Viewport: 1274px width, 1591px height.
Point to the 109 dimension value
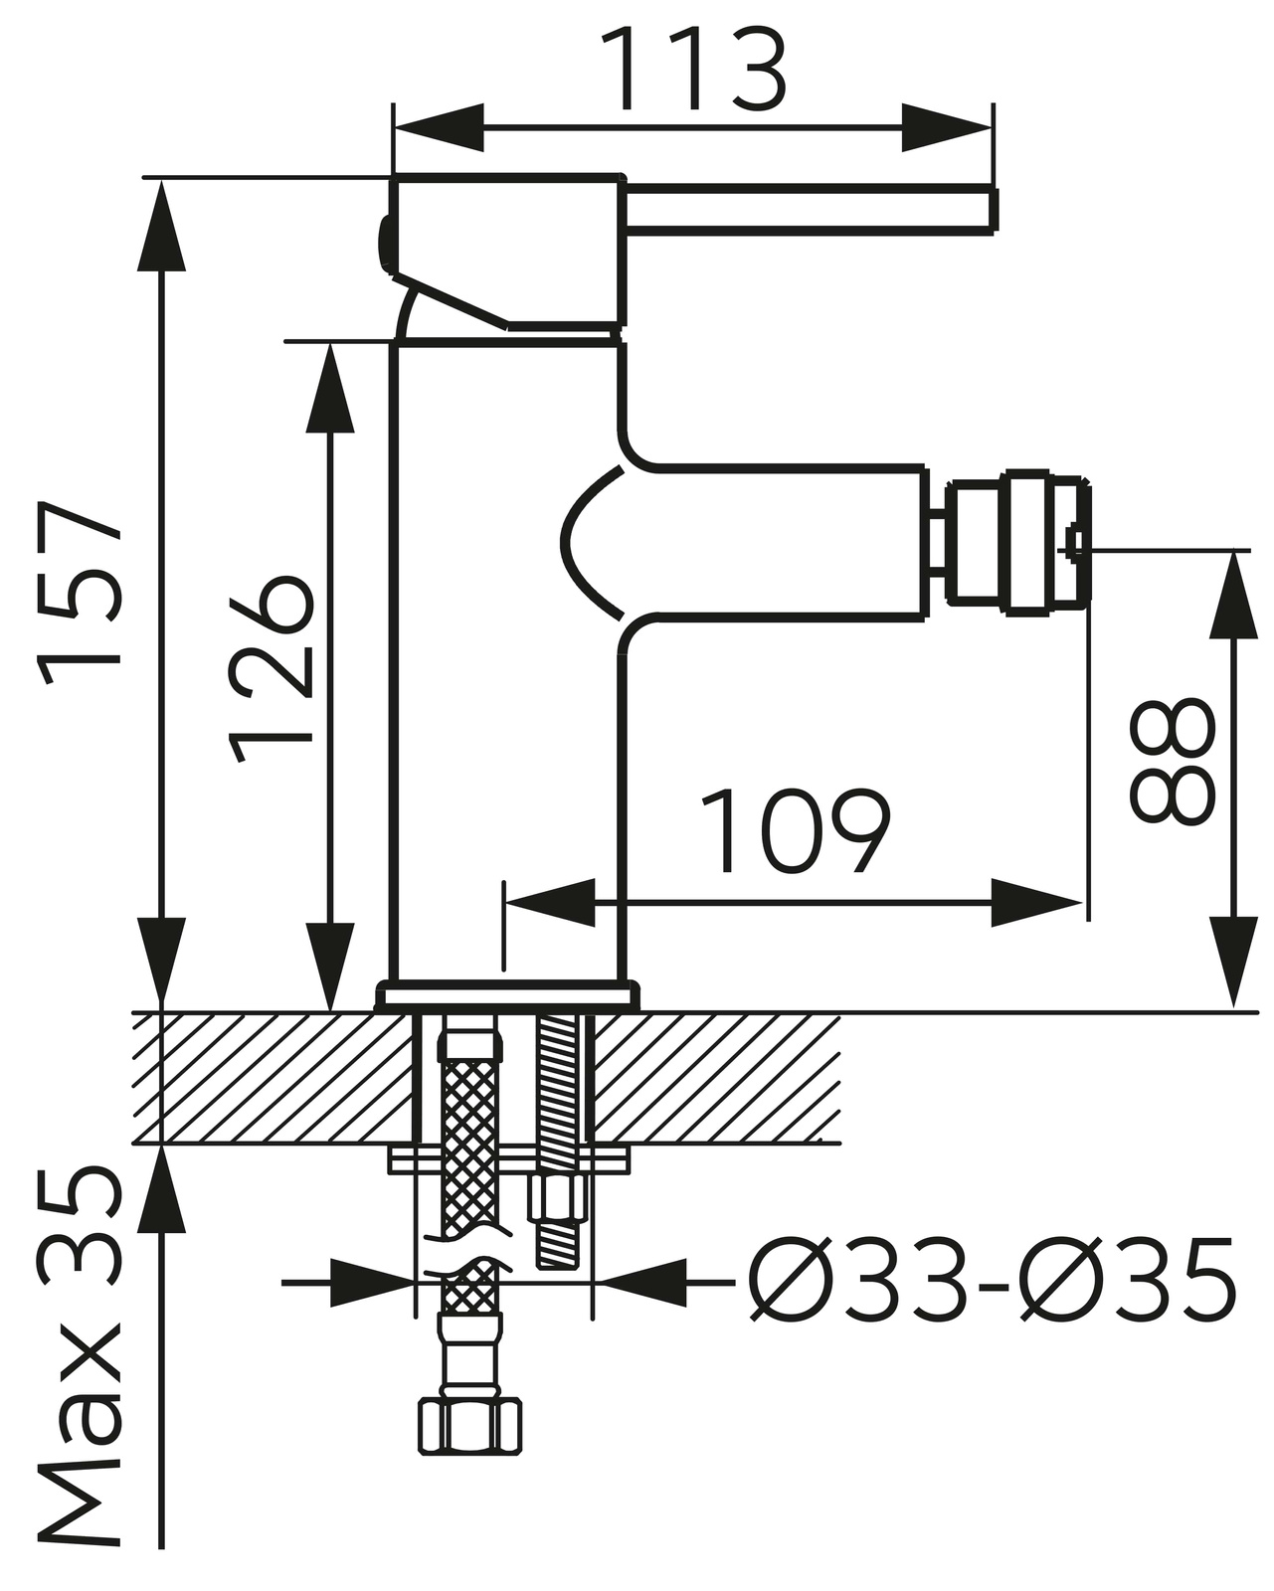pos(795,831)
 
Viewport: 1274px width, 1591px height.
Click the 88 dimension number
pos(1172,763)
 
